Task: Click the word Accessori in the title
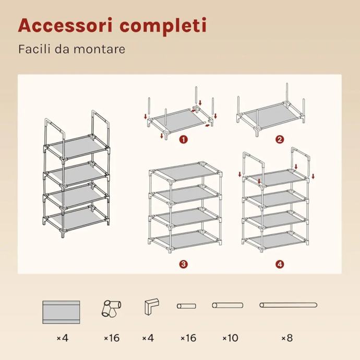click(x=65, y=25)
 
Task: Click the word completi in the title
click(x=163, y=27)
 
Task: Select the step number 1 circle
click(x=184, y=139)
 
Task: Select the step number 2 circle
click(x=280, y=139)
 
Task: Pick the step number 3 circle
click(x=184, y=264)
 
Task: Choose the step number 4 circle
click(x=280, y=264)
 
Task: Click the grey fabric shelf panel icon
click(x=61, y=312)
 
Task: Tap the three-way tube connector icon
click(x=111, y=308)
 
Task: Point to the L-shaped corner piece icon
click(x=151, y=306)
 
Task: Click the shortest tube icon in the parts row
click(x=186, y=306)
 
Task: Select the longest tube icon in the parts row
click(x=288, y=305)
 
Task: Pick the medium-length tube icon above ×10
click(x=227, y=305)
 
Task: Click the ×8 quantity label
click(x=287, y=338)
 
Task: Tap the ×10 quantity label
click(x=230, y=338)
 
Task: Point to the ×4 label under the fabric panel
click(x=63, y=338)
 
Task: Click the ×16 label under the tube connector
click(x=112, y=338)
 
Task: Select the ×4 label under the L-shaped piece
click(x=148, y=338)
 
